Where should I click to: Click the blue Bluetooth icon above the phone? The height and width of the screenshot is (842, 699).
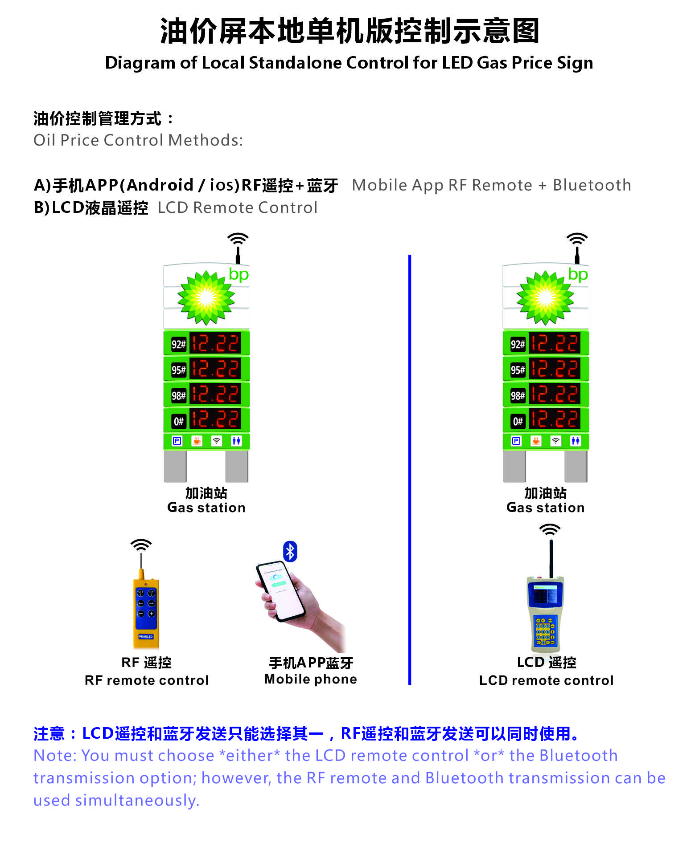(290, 551)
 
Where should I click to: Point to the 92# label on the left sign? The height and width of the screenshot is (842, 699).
(179, 344)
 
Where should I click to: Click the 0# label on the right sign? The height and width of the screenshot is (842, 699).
(518, 421)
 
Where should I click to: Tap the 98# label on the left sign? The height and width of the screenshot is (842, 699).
(179, 395)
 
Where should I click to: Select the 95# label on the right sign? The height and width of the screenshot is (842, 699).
(518, 370)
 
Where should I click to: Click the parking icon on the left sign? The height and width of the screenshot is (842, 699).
(177, 441)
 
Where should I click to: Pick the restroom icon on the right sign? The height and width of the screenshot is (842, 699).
(576, 441)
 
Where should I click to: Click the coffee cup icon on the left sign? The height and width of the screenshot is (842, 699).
(197, 441)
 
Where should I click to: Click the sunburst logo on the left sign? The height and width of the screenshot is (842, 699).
(206, 297)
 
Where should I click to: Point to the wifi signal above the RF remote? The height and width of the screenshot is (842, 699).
(141, 545)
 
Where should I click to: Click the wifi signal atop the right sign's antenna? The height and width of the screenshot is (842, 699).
(577, 239)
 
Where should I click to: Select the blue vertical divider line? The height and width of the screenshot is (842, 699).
(410, 470)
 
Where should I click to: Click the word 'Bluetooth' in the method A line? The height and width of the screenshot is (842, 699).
(592, 185)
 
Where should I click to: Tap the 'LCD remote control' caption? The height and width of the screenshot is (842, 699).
(547, 680)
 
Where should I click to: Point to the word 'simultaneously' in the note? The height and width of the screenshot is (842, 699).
(137, 801)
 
